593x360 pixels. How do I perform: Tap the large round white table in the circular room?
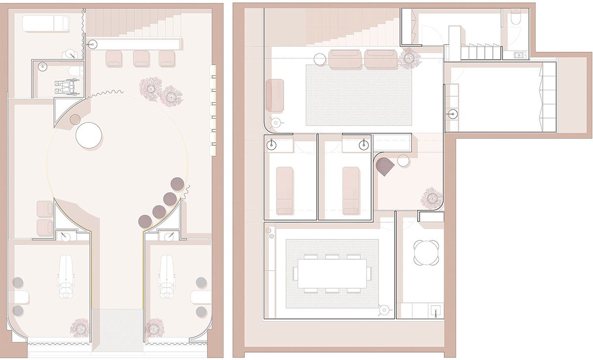coord(89,135)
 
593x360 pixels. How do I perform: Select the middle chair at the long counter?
coord(141,58)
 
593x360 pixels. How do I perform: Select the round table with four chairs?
coord(426,252)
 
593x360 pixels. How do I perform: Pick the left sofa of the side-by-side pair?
coord(346,59)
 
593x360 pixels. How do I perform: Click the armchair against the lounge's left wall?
coord(275,95)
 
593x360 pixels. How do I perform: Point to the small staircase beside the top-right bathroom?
coord(477,51)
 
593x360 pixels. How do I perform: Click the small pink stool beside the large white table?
coord(75,119)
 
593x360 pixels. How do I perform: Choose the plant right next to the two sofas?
coord(410,58)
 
